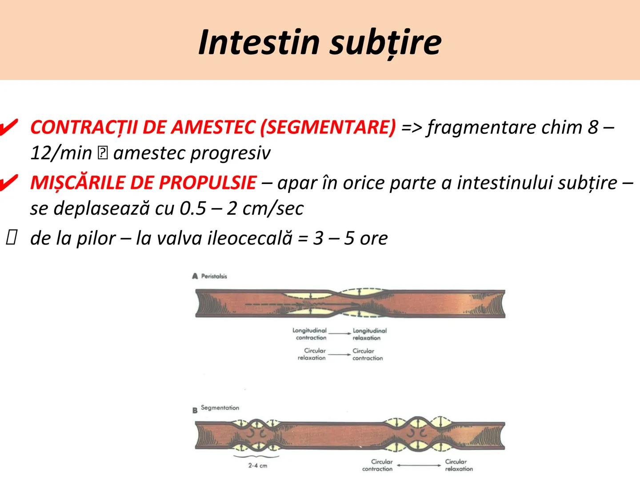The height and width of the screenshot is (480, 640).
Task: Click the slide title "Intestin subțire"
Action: click(320, 42)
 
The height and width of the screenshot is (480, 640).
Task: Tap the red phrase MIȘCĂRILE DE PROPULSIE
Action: click(143, 183)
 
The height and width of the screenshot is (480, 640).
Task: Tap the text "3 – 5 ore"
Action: click(350, 238)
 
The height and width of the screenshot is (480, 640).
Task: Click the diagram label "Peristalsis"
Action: click(214, 276)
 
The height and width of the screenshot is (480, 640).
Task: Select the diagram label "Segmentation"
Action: click(220, 408)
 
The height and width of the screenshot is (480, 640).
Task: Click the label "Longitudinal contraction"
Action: click(310, 334)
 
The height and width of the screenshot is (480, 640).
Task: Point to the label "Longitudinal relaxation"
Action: click(369, 334)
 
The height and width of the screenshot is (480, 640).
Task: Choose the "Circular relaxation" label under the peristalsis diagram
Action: click(312, 354)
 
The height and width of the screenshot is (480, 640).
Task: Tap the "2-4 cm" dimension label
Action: click(258, 466)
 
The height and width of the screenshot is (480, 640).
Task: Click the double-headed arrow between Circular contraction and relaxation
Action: click(419, 465)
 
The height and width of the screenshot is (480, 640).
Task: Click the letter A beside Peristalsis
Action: click(195, 276)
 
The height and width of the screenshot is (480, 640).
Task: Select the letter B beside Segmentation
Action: click(195, 410)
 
